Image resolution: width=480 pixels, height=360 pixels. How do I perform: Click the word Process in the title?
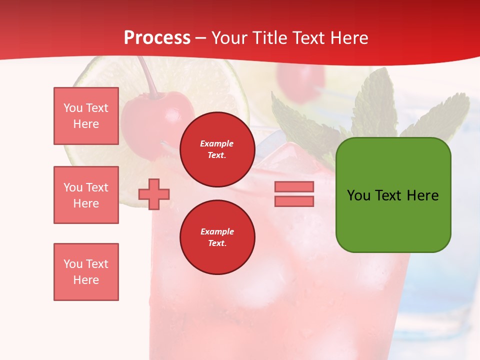[x=157, y=38]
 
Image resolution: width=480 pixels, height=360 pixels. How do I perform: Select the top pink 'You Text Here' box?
[x=86, y=116]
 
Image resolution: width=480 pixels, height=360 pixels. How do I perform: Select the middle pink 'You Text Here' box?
[x=86, y=195]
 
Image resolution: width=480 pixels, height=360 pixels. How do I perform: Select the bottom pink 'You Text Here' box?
[x=86, y=272]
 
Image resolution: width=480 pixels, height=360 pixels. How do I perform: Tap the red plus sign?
[x=154, y=194]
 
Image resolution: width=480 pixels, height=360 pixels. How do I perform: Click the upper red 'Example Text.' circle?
[x=217, y=149]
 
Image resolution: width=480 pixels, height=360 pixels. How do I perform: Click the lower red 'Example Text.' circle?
[x=217, y=237]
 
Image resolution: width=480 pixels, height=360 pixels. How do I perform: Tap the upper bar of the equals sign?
[x=294, y=186]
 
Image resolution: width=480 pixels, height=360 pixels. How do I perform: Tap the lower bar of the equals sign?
[x=294, y=201]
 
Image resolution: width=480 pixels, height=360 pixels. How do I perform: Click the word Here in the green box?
[x=422, y=195]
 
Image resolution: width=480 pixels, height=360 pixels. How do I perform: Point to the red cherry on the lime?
[x=150, y=117]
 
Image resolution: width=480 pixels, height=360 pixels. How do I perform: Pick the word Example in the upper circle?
[x=217, y=144]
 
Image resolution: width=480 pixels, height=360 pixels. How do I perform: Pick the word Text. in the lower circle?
[x=217, y=243]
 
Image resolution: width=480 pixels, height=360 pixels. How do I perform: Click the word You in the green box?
[x=358, y=195]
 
